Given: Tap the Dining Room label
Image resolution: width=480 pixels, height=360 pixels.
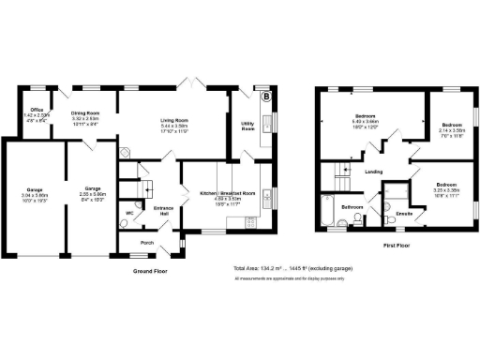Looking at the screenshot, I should click(x=85, y=113).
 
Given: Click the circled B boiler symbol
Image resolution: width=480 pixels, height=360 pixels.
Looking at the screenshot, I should click(x=265, y=97).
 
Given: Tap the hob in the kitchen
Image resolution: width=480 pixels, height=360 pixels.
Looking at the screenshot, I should click(x=249, y=222).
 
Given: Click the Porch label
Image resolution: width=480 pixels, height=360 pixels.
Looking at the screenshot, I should click(x=146, y=242).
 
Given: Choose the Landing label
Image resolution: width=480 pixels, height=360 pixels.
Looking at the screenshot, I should click(x=373, y=172).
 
